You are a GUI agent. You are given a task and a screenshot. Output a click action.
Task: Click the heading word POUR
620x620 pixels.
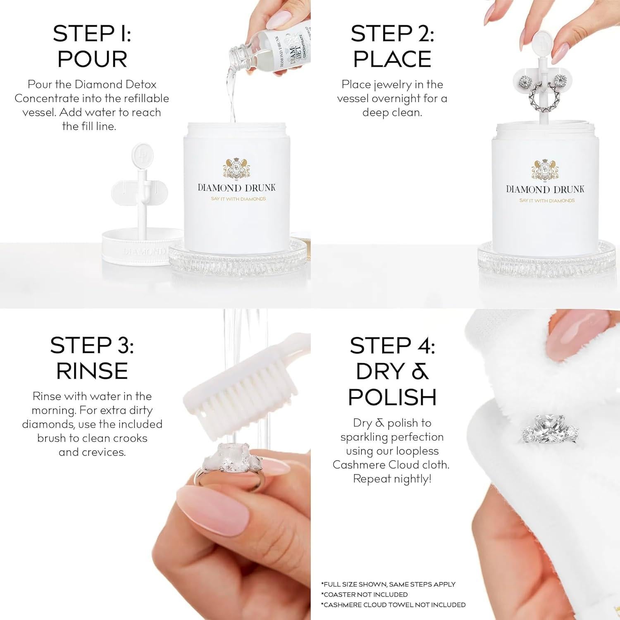[92, 59]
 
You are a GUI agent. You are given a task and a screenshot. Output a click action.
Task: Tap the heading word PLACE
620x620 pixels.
[392, 59]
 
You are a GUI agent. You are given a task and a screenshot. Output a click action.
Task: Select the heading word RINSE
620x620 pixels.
[92, 371]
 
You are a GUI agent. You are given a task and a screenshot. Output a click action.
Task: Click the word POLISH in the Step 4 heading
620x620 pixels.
[392, 397]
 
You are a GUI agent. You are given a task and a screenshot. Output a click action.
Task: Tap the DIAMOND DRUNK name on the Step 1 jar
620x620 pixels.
[237, 188]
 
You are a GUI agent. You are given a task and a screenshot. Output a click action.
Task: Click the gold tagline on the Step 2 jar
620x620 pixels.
[547, 201]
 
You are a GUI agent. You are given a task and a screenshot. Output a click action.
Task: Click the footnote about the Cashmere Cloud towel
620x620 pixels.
[393, 605]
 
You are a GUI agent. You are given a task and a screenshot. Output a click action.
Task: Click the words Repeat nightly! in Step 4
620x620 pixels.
[392, 479]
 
